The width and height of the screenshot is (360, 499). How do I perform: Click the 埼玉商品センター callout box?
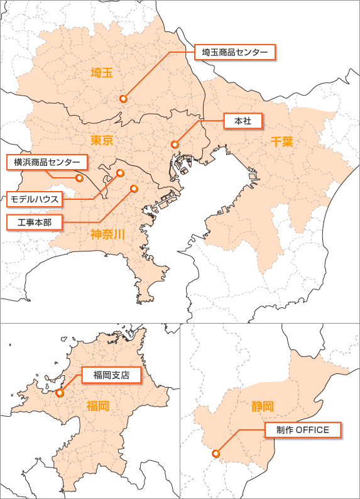coord(235,52)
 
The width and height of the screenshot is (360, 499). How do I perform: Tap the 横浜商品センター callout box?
coord(47,162)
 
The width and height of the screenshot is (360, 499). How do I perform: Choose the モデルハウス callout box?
coord(35,199)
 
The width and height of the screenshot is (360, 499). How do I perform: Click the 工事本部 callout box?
coord(34,222)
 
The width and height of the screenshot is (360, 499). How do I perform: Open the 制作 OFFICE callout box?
coord(303,430)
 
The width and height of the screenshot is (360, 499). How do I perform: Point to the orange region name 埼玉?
coord(101,72)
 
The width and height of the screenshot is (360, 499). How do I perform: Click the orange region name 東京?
coord(101,140)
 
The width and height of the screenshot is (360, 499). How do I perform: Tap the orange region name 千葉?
coord(282,141)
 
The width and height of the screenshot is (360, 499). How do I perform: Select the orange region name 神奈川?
coord(107,235)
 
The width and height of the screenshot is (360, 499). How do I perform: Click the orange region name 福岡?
coord(97,406)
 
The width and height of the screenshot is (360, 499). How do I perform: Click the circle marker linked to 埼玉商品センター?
coord(123,99)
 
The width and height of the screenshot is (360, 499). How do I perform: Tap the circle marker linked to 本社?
coord(175,145)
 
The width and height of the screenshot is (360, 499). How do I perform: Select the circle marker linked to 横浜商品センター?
coord(79,178)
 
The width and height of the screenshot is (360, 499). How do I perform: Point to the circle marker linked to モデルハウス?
coord(121,173)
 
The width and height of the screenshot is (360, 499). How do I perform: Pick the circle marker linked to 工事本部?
coord(133,188)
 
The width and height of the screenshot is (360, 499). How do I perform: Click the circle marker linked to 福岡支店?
coord(60,393)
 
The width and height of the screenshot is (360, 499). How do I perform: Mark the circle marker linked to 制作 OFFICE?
coord(215,453)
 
